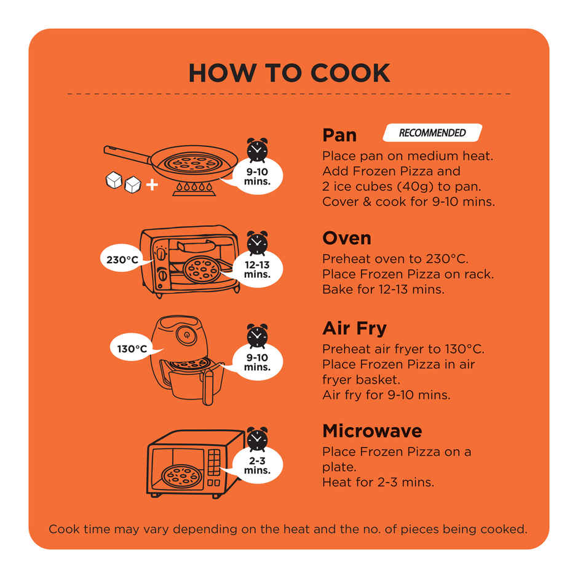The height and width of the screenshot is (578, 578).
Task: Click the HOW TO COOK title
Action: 289,73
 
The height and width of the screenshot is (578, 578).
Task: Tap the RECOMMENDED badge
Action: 432,133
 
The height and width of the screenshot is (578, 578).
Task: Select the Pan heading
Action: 339,135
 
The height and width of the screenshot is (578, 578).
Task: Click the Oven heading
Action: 347,238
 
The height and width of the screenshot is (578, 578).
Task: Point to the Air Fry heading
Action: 355,328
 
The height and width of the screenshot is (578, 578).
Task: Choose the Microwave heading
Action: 372,431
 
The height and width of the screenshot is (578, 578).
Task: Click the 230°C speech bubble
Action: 122,259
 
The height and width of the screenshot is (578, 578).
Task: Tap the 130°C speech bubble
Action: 132,347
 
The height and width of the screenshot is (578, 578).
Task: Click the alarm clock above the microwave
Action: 257,439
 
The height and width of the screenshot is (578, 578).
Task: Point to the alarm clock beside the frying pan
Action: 257,150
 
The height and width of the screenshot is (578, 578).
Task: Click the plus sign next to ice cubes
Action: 152,184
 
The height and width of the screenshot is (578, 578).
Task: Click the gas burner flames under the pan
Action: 194,187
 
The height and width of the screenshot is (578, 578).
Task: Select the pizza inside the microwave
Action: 182,475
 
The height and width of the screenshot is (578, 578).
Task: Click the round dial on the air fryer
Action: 186,335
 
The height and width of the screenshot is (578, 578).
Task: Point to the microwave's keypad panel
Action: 214,462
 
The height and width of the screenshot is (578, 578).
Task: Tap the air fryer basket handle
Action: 208,387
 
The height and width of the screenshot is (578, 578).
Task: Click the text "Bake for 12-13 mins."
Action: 383,290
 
